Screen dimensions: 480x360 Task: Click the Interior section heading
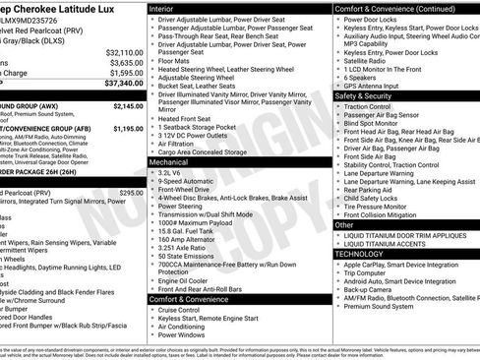click(x=168, y=7)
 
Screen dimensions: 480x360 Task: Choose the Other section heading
click(x=345, y=225)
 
